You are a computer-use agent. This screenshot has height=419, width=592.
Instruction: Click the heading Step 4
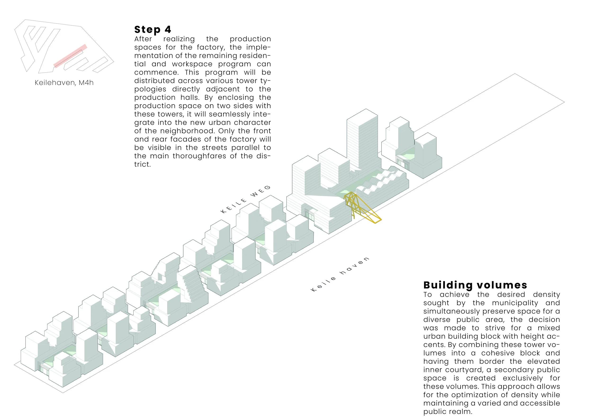pyautogui.click(x=152, y=30)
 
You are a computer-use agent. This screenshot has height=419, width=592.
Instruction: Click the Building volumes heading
pyautogui.click(x=475, y=285)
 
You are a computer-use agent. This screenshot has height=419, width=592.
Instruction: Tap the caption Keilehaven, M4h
pyautogui.click(x=64, y=83)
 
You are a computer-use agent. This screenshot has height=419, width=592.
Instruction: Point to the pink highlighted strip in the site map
pyautogui.click(x=70, y=56)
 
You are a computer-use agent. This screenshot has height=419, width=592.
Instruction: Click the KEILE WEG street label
pyautogui.click(x=246, y=199)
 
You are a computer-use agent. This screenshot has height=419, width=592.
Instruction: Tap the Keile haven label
pyautogui.click(x=340, y=274)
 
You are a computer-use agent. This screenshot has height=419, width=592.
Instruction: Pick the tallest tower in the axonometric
pyautogui.click(x=362, y=139)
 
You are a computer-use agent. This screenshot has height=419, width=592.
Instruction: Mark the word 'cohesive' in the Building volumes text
pyautogui.click(x=498, y=353)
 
